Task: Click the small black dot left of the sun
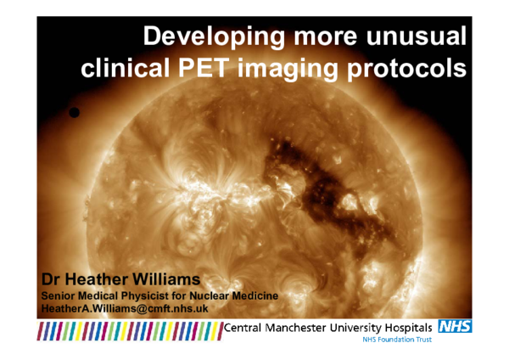tap(74, 112)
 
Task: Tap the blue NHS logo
tap(455, 326)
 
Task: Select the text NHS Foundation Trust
tap(397, 339)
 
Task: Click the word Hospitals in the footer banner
tap(404, 328)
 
